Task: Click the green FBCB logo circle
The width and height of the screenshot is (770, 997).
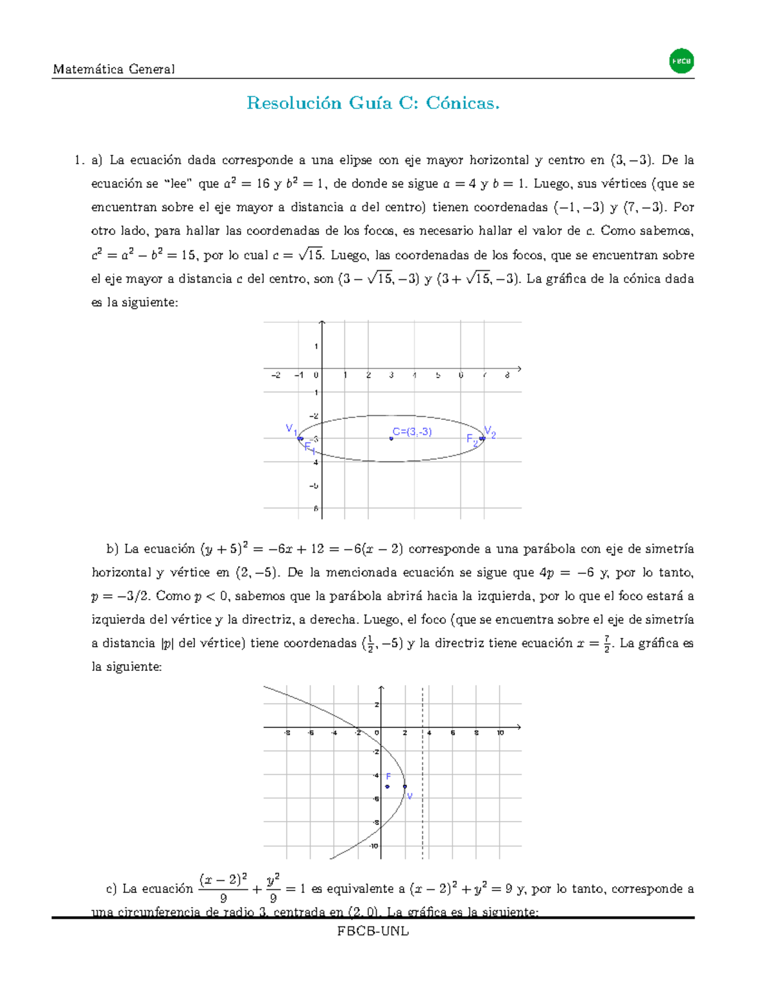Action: point(681,62)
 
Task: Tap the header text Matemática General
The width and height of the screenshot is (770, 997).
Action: point(114,69)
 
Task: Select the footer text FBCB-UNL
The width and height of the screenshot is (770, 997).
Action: point(373,931)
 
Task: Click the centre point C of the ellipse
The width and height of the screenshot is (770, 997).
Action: point(391,438)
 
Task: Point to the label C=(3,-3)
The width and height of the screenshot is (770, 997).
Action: point(413,432)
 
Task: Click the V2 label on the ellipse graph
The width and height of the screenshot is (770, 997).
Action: point(490,432)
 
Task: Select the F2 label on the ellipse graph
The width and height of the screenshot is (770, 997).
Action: point(472,440)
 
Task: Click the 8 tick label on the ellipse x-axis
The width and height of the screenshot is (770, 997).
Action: point(507,376)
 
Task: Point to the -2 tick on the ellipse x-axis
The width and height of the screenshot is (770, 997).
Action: point(275,376)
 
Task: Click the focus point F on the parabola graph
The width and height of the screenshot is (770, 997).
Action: point(387,786)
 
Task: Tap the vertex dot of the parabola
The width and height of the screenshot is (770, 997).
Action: point(404,786)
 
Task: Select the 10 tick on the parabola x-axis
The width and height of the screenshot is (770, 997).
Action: point(501,733)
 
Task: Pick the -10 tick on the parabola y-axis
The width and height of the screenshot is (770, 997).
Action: point(374,846)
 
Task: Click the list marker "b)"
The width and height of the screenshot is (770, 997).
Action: point(113,549)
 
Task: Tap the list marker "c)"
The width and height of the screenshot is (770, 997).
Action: point(112,889)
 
